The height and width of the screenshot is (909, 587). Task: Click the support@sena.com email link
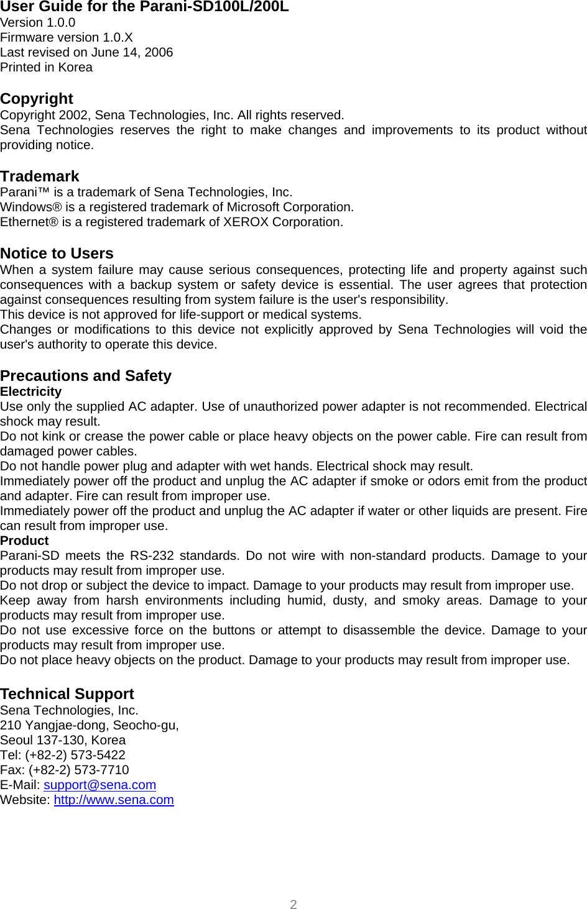pyautogui.click(x=99, y=785)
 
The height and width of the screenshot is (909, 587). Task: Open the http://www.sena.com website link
pyautogui.click(x=114, y=800)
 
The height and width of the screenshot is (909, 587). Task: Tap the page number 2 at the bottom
pyautogui.click(x=293, y=904)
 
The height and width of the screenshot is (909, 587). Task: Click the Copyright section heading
pyautogui.click(x=37, y=99)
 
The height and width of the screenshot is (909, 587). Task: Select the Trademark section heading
pyautogui.click(x=40, y=176)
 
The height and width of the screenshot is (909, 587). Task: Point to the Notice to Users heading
pyautogui.click(x=57, y=254)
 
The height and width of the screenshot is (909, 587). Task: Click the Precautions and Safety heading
pyautogui.click(x=86, y=376)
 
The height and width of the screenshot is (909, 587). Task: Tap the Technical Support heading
pyautogui.click(x=67, y=694)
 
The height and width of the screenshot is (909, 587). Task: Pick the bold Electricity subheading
pyautogui.click(x=31, y=391)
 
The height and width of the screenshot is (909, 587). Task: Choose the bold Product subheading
pyautogui.click(x=24, y=541)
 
